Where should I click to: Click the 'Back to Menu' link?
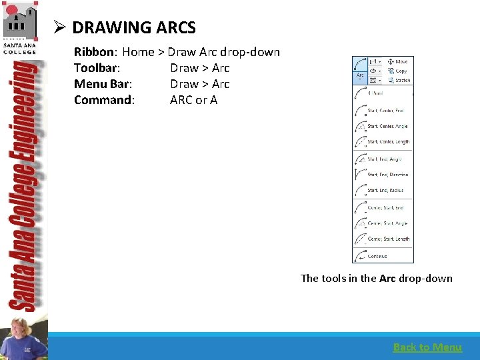pos(427,347)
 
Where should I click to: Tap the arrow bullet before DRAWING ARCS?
pos(59,28)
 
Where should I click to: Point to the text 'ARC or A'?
pos(193,100)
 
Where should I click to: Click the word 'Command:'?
pos(104,100)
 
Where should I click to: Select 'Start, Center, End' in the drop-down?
pos(385,111)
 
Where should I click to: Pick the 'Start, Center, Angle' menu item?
pos(387,126)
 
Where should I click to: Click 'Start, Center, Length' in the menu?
pos(388,142)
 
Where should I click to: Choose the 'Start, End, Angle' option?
pos(385,159)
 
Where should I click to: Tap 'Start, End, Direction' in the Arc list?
pos(387,175)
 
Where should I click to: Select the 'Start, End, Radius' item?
pos(385,191)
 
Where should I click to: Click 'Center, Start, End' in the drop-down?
pos(385,207)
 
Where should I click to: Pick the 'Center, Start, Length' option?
pos(388,239)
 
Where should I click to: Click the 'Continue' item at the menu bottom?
pos(377,256)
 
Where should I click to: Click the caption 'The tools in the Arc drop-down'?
pos(376,279)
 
